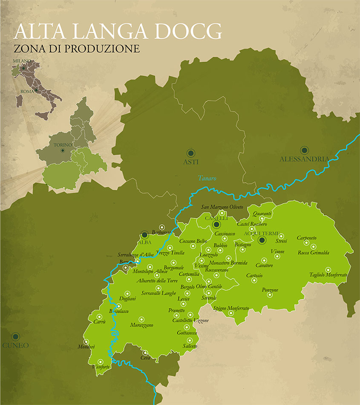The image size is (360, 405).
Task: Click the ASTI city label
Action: tap(190, 162)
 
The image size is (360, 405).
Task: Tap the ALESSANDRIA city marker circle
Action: tap(304, 150)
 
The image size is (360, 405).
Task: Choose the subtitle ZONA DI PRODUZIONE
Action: tap(77, 49)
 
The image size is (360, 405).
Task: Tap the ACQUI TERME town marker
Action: tap(262, 240)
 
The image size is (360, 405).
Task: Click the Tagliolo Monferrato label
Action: tap(328, 275)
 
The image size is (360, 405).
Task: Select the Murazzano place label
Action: tap(142, 325)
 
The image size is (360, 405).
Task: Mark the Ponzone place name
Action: tap(270, 290)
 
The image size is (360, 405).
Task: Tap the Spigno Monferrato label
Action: tap(231, 308)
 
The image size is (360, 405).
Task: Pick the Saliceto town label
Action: tap(190, 346)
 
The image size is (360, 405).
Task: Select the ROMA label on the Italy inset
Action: tap(27, 91)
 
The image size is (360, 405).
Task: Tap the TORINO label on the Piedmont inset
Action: tap(62, 145)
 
